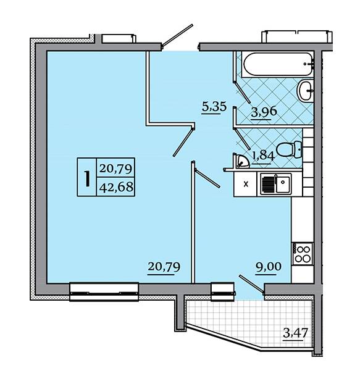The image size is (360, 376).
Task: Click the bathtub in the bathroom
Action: (278, 65)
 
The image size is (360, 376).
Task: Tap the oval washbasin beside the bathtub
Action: (305, 91)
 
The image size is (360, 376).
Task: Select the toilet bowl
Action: (289, 149)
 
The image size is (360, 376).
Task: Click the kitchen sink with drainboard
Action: (274, 184)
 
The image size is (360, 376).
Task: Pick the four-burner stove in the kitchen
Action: (303, 254)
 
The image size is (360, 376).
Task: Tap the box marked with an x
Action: (245, 184)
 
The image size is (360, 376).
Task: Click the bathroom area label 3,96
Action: (264, 112)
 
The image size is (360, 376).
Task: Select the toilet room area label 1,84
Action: (262, 157)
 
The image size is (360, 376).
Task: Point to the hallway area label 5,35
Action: (214, 107)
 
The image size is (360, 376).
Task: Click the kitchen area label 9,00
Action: (268, 267)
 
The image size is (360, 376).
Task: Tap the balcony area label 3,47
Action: (295, 333)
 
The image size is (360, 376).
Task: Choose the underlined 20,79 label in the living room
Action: (164, 267)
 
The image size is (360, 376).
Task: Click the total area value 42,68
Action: (116, 187)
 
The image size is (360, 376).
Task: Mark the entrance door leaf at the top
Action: (177, 35)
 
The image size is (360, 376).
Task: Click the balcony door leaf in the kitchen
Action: (251, 285)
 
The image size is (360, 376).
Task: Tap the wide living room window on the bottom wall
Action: (104, 292)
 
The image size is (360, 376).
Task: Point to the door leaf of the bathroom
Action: (242, 92)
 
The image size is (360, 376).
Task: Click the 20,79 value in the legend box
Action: (116, 169)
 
